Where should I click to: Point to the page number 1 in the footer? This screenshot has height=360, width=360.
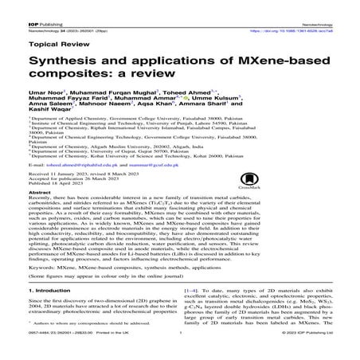click(182, 354)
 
